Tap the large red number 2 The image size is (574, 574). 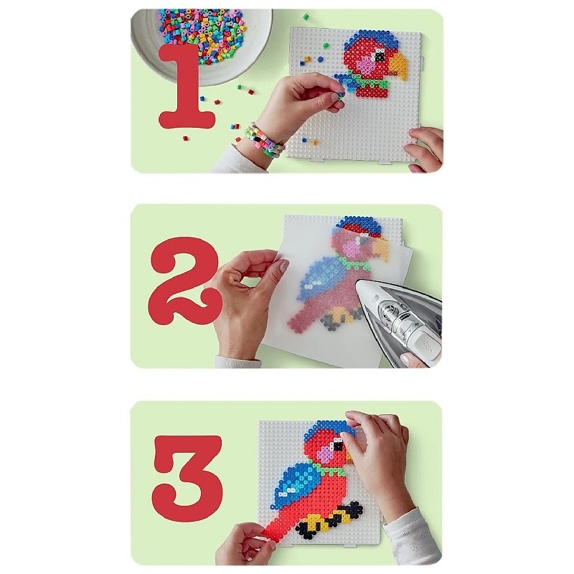coord(186,281)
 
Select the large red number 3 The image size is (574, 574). coord(187,474)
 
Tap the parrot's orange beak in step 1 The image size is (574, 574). coord(398,67)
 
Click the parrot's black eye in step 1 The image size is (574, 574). coord(380,57)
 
